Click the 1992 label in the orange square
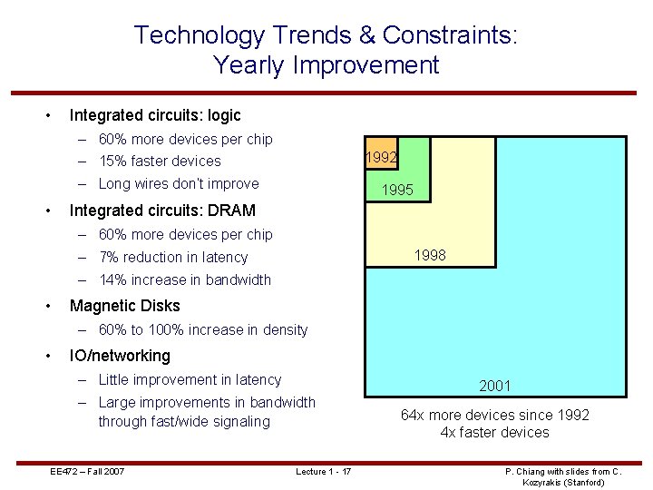(380, 157)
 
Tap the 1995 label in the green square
(397, 191)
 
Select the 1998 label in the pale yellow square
(430, 256)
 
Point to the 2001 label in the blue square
(495, 386)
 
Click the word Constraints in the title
(449, 35)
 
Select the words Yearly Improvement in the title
(326, 65)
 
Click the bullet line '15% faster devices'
(160, 162)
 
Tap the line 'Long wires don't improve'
(178, 184)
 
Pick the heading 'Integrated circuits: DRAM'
(162, 211)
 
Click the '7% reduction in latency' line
(172, 258)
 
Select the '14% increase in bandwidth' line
(184, 280)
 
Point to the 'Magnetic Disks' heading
(124, 306)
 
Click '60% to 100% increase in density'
(203, 330)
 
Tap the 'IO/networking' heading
(120, 356)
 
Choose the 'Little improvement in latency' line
(190, 380)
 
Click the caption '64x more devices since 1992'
(494, 415)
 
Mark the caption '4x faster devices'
(494, 432)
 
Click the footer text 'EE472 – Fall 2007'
(87, 471)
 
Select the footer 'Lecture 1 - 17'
(324, 471)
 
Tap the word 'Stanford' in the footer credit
(581, 482)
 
